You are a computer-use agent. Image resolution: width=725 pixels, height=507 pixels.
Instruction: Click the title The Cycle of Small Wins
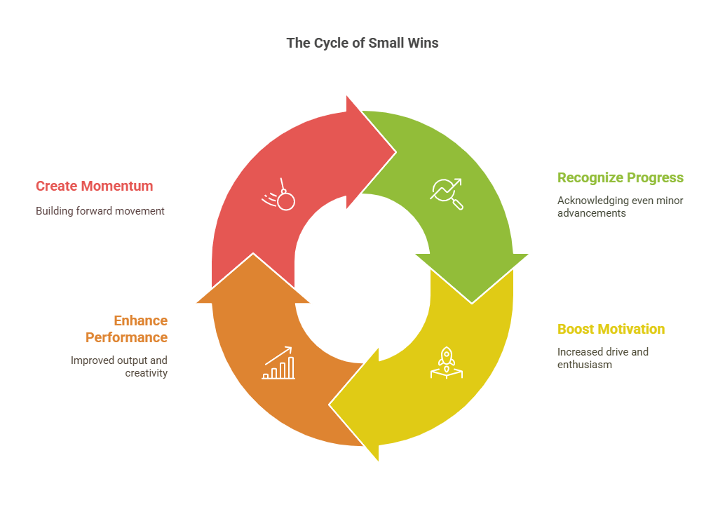[x=362, y=43]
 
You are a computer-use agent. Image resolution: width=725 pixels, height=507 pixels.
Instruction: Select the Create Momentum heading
[x=94, y=186]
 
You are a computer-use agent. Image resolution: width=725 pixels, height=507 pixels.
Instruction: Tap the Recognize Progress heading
[x=620, y=177]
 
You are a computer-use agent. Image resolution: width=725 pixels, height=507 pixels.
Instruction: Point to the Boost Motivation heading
[x=611, y=329]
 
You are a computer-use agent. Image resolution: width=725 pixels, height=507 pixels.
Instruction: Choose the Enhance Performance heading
[x=126, y=329]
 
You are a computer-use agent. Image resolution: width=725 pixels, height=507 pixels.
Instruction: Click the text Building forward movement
[x=100, y=210]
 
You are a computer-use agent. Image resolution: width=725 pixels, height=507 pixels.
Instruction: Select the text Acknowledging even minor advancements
[x=620, y=206]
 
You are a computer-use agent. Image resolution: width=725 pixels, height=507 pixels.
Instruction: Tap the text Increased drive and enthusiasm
[x=602, y=358]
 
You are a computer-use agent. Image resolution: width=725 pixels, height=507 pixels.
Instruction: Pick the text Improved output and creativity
[x=118, y=366]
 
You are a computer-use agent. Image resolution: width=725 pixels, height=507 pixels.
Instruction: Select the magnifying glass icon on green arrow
[x=447, y=194]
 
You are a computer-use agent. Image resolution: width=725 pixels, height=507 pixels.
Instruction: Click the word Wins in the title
[x=424, y=43]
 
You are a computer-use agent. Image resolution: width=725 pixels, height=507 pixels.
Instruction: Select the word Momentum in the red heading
[x=117, y=186]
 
